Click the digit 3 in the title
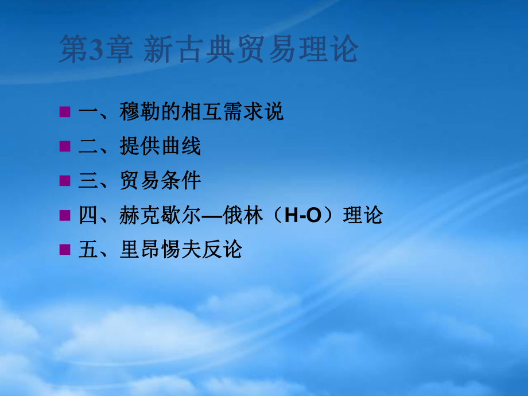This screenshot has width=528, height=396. (96, 49)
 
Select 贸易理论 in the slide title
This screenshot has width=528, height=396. (297, 49)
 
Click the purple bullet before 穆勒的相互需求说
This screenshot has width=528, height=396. (65, 112)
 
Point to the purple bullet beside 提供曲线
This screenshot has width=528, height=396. (65, 146)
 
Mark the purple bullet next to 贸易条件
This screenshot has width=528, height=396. (65, 180)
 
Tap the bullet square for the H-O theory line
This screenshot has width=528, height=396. (65, 215)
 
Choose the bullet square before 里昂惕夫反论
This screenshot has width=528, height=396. (65, 250)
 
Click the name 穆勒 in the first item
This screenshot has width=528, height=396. (139, 111)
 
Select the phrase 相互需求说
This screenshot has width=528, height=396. (232, 111)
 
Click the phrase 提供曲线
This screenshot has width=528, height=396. (160, 146)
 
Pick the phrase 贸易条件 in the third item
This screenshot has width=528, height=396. (160, 180)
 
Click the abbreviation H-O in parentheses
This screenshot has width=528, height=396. (302, 215)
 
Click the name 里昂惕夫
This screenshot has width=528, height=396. (160, 249)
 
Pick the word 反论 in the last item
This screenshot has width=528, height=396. (222, 249)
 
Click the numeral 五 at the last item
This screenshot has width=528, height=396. (88, 249)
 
